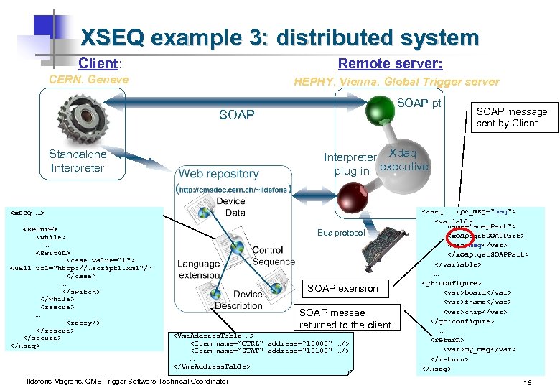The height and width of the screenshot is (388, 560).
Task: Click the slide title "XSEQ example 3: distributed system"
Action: pyautogui.click(x=279, y=37)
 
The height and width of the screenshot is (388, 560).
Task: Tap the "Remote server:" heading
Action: pyautogui.click(x=390, y=63)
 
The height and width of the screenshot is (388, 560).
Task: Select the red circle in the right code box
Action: pyautogui.click(x=457, y=237)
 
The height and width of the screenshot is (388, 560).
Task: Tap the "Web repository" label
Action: pyautogui.click(x=218, y=173)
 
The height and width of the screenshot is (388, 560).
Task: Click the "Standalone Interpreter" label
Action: pyautogui.click(x=78, y=161)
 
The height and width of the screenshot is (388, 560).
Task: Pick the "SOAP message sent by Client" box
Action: pyautogui.click(x=511, y=117)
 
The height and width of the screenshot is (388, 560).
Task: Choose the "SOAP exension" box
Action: pyautogui.click(x=342, y=288)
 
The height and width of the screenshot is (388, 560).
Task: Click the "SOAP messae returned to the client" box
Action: pyautogui.click(x=345, y=319)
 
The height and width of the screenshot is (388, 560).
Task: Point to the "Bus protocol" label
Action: pyautogui.click(x=341, y=233)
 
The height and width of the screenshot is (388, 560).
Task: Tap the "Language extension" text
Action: pyautogui.click(x=199, y=269)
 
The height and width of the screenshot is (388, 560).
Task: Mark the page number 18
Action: pyautogui.click(x=528, y=382)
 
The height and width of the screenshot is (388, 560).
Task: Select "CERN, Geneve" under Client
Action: pyautogui.click(x=88, y=80)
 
